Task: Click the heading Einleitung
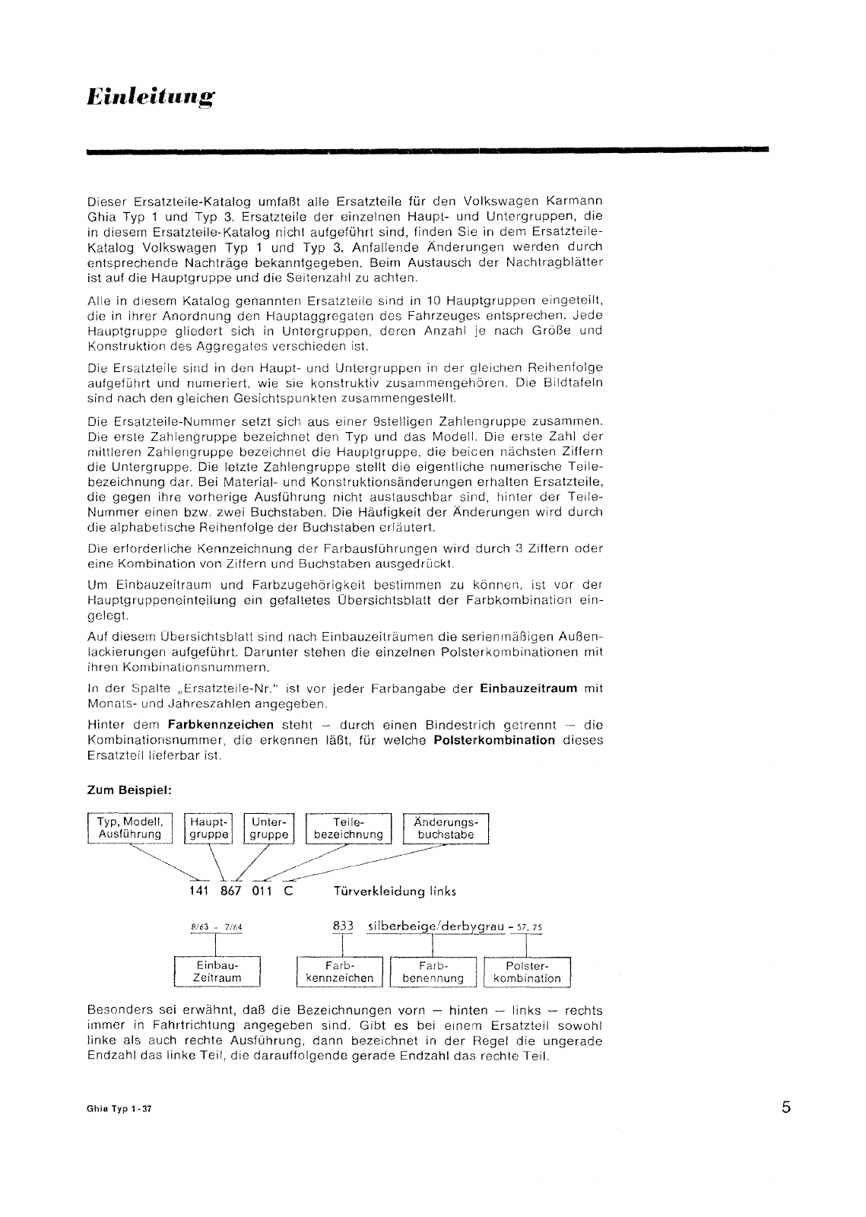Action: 151,97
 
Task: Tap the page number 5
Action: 785,1107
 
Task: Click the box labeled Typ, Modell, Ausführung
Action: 130,828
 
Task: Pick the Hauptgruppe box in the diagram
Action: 209,828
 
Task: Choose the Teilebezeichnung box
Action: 348,828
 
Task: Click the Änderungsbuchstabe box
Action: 446,828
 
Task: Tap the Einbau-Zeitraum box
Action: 217,971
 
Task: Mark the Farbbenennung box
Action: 433,971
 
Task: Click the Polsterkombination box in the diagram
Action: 527,971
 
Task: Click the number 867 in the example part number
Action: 230,891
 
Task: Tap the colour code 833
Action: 344,926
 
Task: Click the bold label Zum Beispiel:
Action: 130,790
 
